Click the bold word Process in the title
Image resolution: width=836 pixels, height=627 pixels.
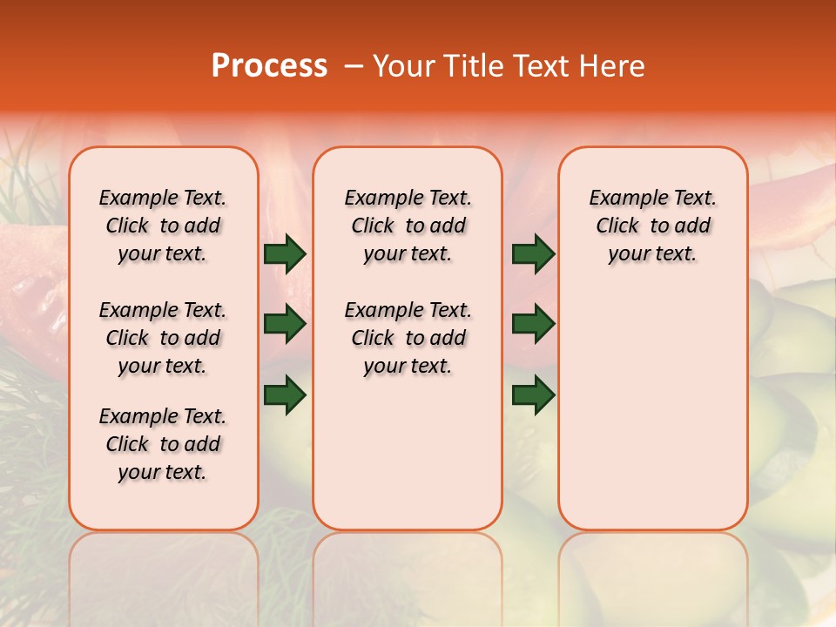click(x=269, y=66)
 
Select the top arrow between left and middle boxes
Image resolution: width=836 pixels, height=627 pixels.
click(x=285, y=254)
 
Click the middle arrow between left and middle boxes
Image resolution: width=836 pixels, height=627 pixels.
click(x=285, y=325)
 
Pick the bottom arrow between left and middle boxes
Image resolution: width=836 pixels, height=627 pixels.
click(x=285, y=395)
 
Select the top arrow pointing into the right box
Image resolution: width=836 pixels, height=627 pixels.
click(x=533, y=254)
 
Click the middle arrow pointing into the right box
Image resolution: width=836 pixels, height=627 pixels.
click(x=533, y=325)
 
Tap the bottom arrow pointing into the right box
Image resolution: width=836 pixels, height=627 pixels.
click(x=533, y=395)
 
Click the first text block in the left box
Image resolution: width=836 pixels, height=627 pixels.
click(x=163, y=226)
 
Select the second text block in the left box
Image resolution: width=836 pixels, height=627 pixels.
click(x=163, y=338)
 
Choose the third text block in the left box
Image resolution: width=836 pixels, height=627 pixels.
click(x=163, y=444)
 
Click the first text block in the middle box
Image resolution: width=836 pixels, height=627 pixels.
click(x=408, y=226)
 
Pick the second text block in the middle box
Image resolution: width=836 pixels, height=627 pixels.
click(x=408, y=338)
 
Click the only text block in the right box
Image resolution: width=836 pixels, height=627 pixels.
click(x=652, y=226)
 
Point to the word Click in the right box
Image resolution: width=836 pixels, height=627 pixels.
click(x=617, y=226)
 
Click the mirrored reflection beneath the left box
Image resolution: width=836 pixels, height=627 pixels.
click(x=164, y=575)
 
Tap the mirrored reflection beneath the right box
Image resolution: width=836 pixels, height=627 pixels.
click(x=652, y=575)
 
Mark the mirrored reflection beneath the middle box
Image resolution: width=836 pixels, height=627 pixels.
click(x=408, y=575)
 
